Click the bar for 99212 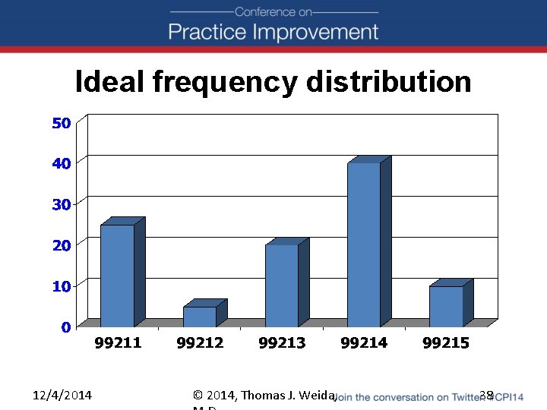point(200,317)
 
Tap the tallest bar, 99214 point(364,244)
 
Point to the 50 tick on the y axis point(62,123)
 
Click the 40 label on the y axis point(62,163)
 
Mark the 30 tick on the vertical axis point(62,204)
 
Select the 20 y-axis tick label point(62,245)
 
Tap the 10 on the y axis point(62,286)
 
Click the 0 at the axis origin point(66,327)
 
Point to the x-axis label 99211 point(118,343)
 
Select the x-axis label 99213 point(282,343)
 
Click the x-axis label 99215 point(446,343)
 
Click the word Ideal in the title point(110,81)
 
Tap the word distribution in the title point(389,81)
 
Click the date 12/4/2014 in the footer point(62,395)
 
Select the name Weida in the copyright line point(317,395)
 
